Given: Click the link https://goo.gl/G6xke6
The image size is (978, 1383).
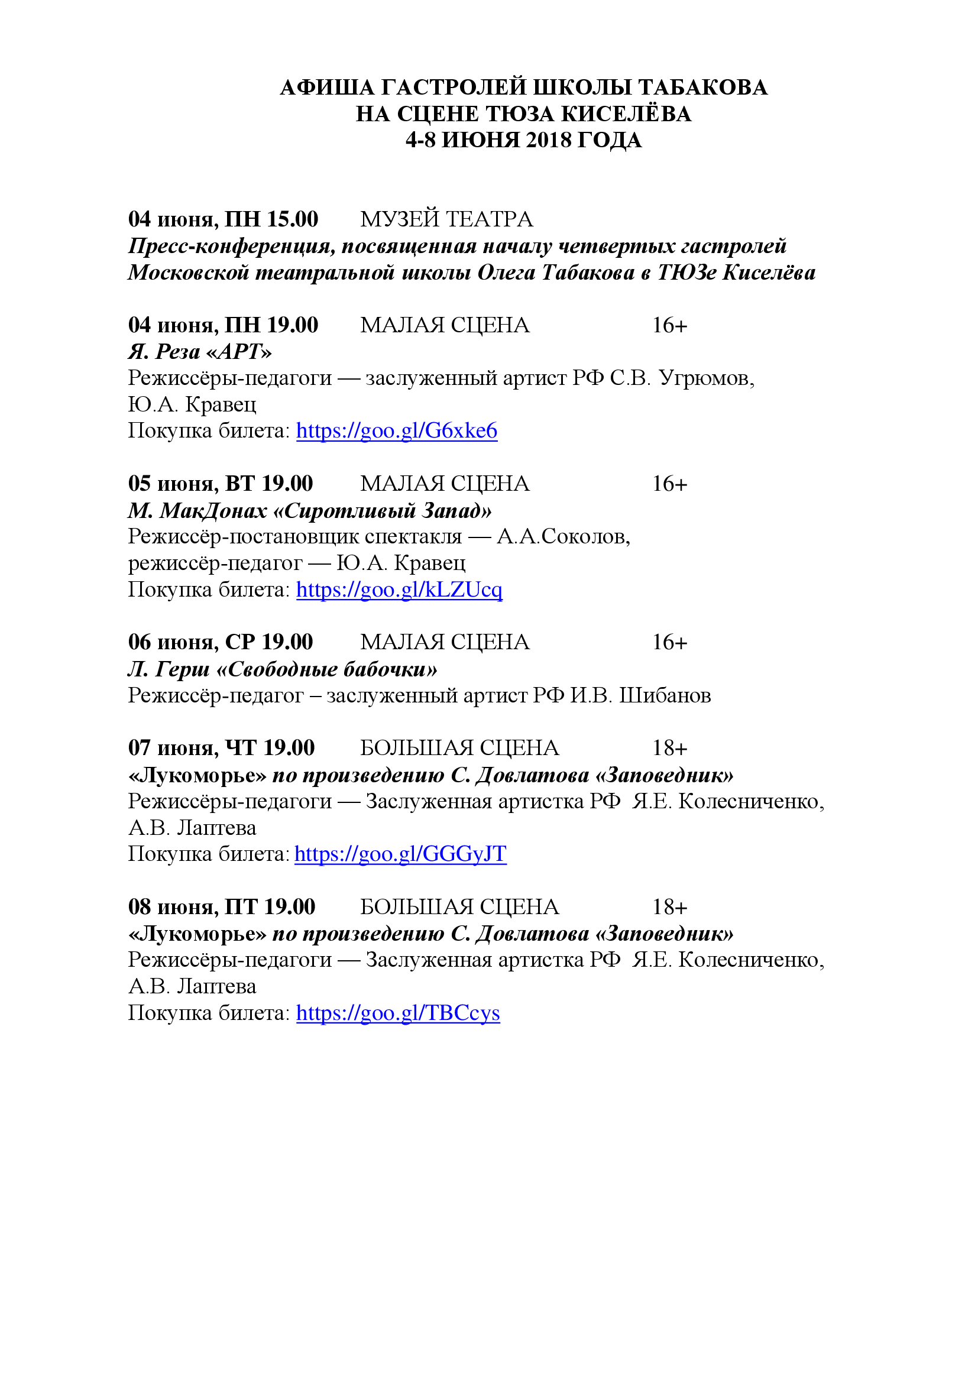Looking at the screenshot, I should (x=396, y=430).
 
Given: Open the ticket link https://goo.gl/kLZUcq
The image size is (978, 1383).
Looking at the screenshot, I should (x=399, y=589).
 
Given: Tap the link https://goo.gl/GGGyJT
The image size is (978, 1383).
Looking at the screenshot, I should (x=400, y=854).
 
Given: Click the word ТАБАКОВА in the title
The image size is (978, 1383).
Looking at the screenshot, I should (x=702, y=88).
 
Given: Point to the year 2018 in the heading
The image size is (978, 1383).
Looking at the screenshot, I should (x=548, y=140).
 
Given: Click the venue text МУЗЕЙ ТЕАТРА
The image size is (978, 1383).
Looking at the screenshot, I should (x=446, y=219).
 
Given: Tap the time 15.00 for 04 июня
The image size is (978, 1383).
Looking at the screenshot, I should (x=292, y=219).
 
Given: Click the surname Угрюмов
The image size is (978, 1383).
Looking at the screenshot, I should (x=707, y=378).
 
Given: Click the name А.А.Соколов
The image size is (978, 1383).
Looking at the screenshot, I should (x=563, y=536).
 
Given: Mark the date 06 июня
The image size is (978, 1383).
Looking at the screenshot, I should (x=173, y=642).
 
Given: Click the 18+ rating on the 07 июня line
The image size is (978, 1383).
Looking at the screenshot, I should (x=669, y=748).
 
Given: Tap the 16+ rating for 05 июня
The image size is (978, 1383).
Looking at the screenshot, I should (x=669, y=484).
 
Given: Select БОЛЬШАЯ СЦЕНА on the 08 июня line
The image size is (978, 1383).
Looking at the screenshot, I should (x=459, y=906).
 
